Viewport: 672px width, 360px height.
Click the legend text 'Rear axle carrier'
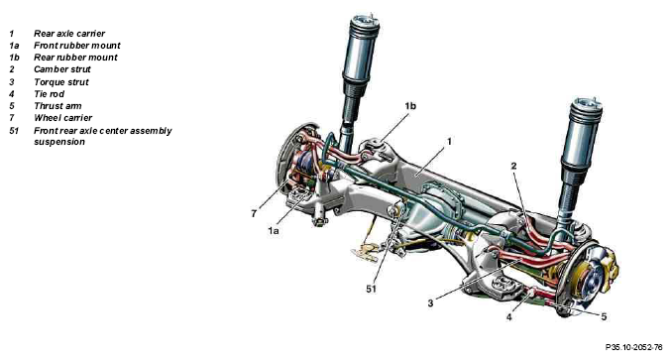68,34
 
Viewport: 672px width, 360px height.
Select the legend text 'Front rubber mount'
75,46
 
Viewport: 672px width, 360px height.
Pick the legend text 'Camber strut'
61,69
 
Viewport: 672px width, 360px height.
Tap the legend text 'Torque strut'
60,81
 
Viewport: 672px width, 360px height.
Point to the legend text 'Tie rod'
49,93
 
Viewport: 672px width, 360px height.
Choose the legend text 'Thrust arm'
56,105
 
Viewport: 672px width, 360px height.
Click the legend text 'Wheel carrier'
62,117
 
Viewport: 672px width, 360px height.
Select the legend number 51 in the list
14,130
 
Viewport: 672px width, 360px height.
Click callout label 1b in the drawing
409,105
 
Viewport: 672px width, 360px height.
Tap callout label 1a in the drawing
273,230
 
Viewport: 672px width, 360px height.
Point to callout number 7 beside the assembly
255,212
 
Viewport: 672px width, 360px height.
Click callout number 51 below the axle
372,289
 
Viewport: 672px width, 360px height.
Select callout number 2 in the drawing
512,165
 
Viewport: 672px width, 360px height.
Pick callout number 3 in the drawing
431,301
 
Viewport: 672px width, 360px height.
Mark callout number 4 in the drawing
508,317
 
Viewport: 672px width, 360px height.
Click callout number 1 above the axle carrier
449,142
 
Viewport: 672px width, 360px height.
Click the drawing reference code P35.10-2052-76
627,348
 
